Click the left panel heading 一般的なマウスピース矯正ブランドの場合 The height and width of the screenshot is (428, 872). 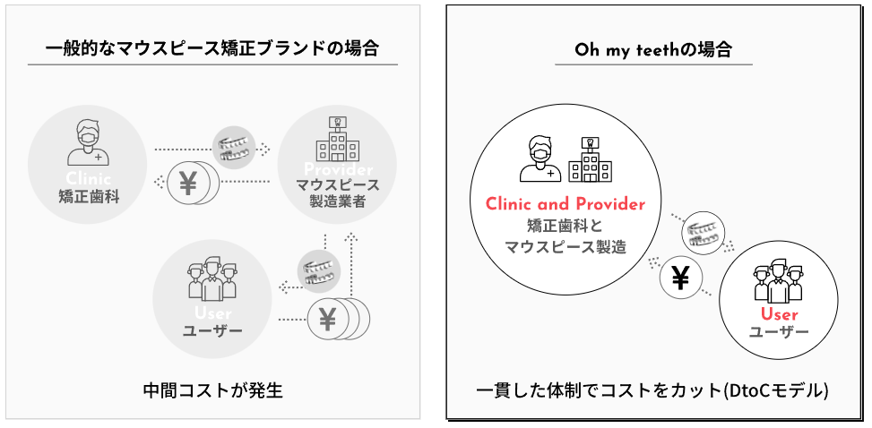click(x=212, y=47)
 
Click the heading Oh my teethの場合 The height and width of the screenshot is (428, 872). click(x=653, y=49)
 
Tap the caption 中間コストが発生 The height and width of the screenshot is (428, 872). click(x=212, y=390)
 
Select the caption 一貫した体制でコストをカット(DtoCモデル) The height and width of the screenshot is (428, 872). click(x=652, y=391)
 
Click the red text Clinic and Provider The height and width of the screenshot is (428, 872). click(x=565, y=204)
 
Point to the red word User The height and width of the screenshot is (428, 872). click(x=778, y=313)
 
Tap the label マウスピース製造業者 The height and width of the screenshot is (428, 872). click(x=337, y=193)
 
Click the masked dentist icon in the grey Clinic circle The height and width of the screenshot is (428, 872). click(x=87, y=143)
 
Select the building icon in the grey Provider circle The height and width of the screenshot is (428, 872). click(x=337, y=141)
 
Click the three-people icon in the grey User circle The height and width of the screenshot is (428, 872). click(x=212, y=279)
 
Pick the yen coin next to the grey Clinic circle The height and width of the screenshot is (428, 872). click(x=191, y=183)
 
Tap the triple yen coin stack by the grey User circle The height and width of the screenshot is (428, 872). click(x=333, y=318)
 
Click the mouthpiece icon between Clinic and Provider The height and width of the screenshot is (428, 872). click(x=234, y=145)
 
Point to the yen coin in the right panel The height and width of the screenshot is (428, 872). click(x=680, y=279)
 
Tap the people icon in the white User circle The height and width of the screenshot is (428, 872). click(x=777, y=279)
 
